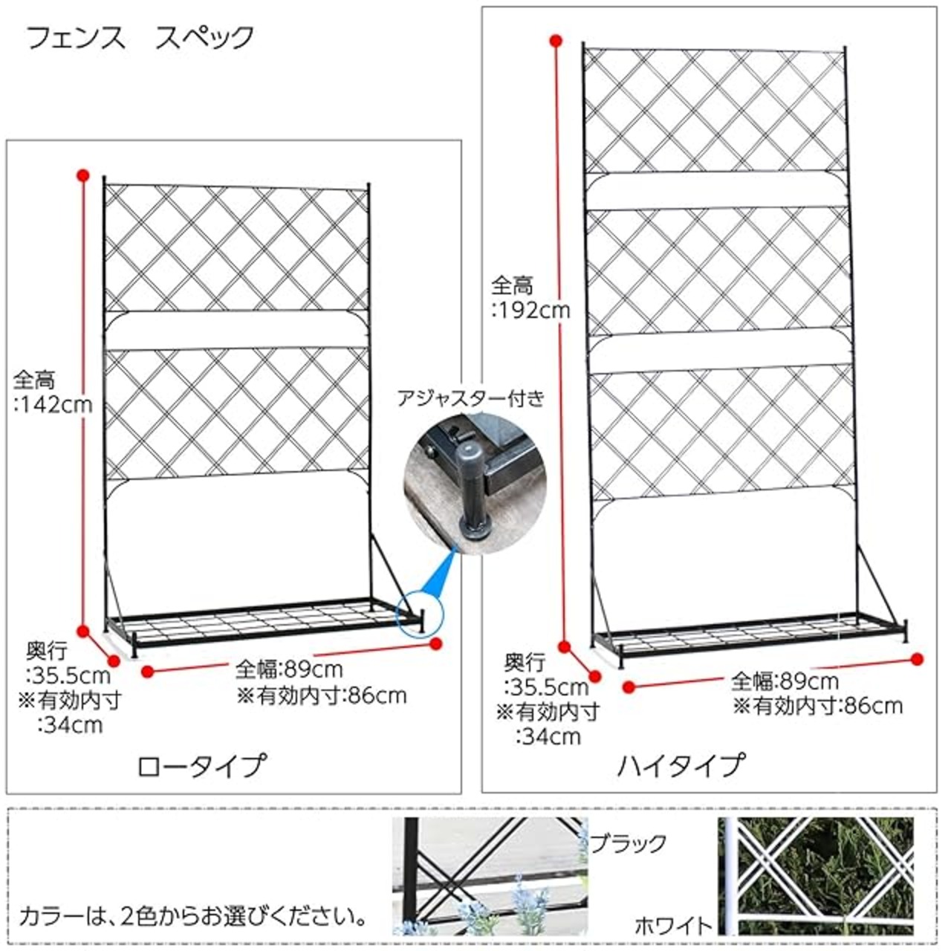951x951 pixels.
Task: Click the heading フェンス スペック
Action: click(140, 38)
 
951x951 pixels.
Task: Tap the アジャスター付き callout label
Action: click(470, 399)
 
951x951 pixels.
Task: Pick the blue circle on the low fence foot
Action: click(419, 612)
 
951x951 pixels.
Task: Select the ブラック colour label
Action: click(628, 843)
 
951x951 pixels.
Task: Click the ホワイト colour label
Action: click(673, 926)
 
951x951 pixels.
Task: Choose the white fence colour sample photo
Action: click(816, 876)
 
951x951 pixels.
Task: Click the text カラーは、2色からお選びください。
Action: click(193, 915)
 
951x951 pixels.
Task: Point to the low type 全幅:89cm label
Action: click(289, 669)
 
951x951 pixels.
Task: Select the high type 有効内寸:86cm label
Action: click(817, 706)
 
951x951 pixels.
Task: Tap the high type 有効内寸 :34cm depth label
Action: click(548, 724)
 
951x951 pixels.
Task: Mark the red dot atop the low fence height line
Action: click(83, 175)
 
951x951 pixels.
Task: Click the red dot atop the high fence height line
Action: click(554, 39)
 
